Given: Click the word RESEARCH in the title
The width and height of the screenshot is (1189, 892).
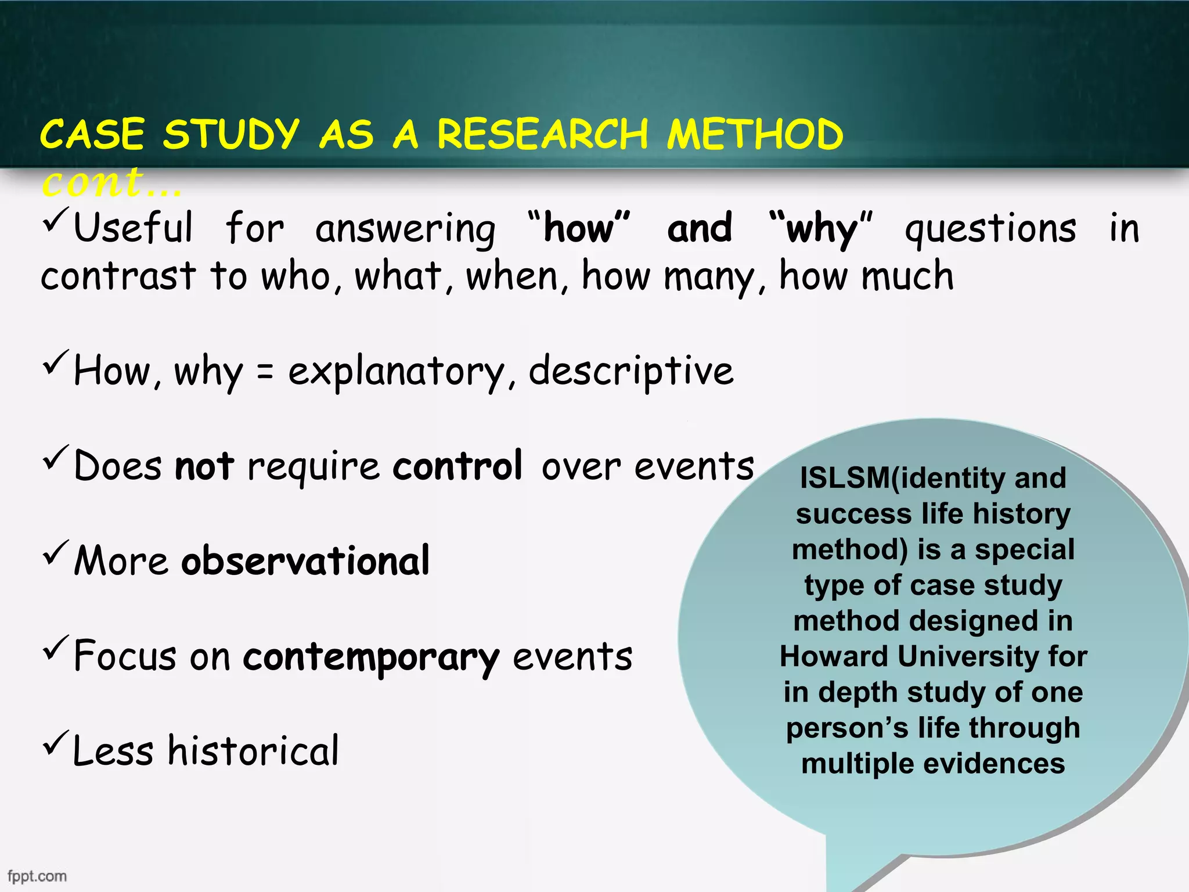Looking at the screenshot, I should (542, 135).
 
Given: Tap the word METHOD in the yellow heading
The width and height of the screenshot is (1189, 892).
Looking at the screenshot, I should (755, 135).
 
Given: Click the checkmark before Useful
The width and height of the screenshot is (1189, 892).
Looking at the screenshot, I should (56, 220).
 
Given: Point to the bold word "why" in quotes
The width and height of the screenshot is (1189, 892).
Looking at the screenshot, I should (821, 229).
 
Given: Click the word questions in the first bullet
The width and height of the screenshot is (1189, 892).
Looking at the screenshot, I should (990, 229).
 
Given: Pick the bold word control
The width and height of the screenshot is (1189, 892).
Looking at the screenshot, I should (457, 466).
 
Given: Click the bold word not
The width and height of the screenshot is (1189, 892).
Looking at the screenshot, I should (204, 466).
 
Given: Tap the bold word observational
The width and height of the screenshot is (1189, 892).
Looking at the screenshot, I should (305, 561).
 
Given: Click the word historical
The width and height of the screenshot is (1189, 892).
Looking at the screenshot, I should (253, 751).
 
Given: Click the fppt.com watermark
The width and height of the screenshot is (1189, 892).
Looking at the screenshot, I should (37, 876).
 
